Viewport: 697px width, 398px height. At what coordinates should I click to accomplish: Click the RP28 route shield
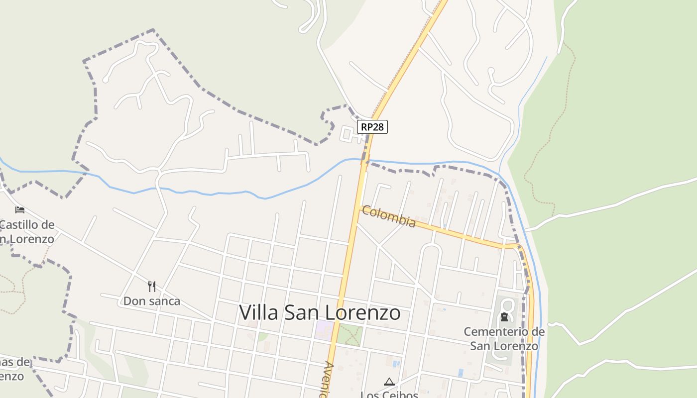point(372,127)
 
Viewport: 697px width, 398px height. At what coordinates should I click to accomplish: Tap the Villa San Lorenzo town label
point(320,312)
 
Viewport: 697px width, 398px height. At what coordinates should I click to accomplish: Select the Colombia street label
point(389,216)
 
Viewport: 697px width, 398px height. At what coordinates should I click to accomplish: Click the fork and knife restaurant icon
point(152,286)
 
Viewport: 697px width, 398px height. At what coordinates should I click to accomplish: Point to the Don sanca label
point(152,301)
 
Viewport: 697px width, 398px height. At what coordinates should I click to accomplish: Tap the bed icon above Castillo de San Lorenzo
point(20,209)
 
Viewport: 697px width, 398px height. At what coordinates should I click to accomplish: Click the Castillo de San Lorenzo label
point(27,231)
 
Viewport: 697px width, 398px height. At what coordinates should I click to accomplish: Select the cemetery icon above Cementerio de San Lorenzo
point(504,317)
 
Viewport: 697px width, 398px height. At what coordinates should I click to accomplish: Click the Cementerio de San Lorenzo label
point(504,338)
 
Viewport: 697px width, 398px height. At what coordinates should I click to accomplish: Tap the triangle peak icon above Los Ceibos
point(389,382)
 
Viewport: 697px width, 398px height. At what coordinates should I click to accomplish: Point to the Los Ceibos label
point(389,395)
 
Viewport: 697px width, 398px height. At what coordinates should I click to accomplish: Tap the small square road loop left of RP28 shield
point(347,134)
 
